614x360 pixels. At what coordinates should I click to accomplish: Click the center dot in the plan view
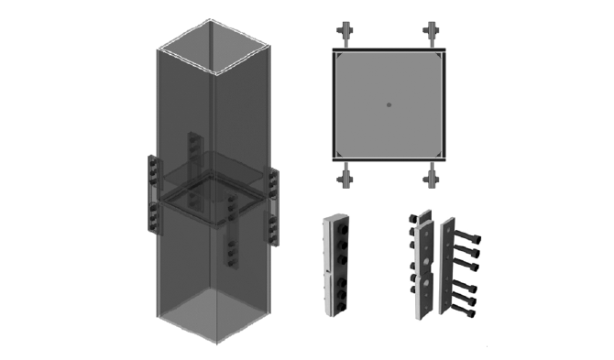(389, 104)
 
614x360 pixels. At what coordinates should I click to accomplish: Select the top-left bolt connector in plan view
(345, 33)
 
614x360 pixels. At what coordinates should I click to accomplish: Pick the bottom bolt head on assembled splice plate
(338, 305)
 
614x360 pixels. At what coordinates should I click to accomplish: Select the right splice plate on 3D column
(272, 206)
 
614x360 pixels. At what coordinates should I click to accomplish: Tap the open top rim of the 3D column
(216, 46)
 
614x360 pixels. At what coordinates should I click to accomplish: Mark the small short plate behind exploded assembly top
(422, 217)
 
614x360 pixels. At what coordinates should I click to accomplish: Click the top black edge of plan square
(389, 49)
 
